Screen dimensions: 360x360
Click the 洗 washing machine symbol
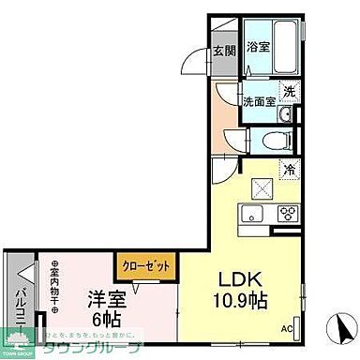coord(289,93)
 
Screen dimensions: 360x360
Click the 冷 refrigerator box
coord(289,171)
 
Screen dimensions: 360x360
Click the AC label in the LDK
coord(286,328)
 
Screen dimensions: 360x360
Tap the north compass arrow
coord(343,328)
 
